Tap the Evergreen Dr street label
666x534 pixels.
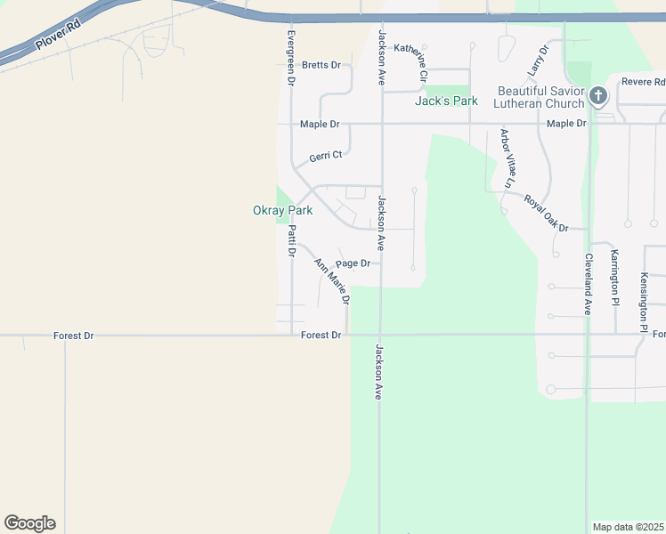click(290, 58)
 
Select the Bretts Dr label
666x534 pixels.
click(321, 65)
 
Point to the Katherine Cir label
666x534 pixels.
click(411, 62)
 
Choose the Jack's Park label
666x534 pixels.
click(446, 101)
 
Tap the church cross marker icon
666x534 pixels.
click(598, 95)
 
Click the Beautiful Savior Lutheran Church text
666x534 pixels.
click(540, 98)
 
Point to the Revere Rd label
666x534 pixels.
click(644, 81)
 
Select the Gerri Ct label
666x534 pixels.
click(326, 156)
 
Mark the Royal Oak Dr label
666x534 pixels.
click(546, 214)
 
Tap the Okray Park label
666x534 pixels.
click(283, 211)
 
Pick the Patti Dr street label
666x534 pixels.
click(291, 240)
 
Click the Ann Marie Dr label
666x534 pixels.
click(331, 281)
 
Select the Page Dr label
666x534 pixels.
click(353, 263)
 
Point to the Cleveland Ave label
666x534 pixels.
click(588, 284)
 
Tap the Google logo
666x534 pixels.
click(29, 523)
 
